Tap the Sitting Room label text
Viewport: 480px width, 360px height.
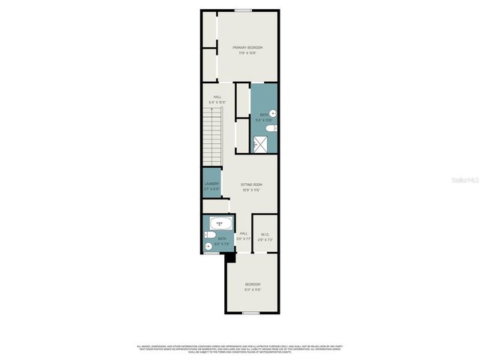pos(251,184)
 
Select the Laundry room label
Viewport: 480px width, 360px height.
pos(211,184)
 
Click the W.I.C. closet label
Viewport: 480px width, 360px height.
pos(265,234)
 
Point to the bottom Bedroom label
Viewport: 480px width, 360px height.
pos(252,283)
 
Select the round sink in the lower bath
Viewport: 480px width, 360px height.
pos(208,245)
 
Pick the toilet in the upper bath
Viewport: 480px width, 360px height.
pos(273,128)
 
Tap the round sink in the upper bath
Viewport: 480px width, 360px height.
pos(273,113)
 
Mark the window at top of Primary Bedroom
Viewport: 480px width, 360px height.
pos(242,10)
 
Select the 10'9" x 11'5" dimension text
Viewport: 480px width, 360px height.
pos(251,189)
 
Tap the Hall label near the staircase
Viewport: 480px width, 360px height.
pos(217,97)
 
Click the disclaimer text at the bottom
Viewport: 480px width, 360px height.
pos(240,349)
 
